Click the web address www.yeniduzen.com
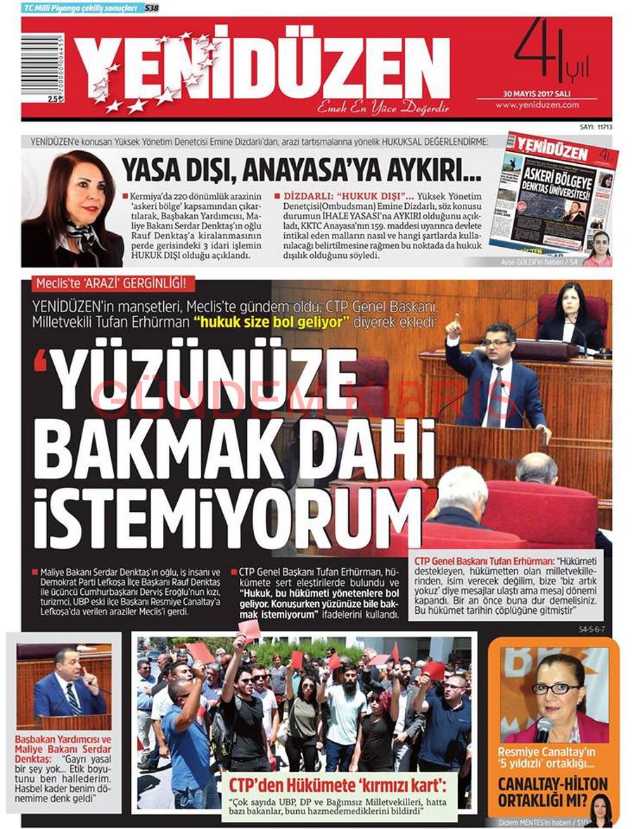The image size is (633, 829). pos(537,105)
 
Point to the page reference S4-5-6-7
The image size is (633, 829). pos(592,628)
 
